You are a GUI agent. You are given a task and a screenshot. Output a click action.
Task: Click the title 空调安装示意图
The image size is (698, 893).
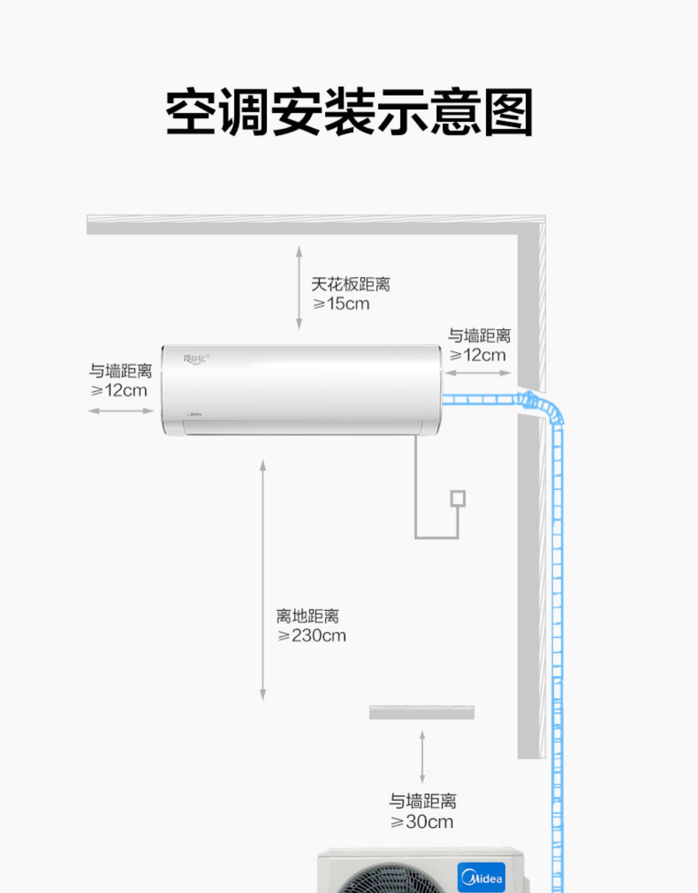tap(349, 113)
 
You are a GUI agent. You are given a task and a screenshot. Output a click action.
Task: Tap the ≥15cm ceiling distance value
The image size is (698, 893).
tap(342, 304)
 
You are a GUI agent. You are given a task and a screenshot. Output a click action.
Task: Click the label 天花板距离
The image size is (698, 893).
tap(350, 284)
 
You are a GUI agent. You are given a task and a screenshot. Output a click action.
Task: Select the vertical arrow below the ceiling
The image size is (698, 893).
tap(299, 288)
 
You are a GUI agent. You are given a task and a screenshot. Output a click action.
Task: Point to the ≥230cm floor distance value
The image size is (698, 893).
tap(312, 636)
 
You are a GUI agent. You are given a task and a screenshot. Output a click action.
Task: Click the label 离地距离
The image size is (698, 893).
tap(308, 616)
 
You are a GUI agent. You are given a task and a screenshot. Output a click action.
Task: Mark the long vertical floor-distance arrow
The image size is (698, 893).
tap(263, 580)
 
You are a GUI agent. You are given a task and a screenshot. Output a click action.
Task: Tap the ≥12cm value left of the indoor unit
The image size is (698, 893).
tap(119, 391)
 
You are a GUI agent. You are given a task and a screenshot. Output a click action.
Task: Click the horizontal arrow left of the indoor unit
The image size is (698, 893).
tap(121, 411)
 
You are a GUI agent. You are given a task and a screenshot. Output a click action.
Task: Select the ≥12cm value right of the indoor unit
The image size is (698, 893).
tap(478, 355)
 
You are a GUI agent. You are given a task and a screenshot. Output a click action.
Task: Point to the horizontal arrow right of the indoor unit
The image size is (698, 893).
tap(478, 373)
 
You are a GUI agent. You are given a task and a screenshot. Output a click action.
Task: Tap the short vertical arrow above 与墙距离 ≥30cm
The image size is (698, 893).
tap(422, 757)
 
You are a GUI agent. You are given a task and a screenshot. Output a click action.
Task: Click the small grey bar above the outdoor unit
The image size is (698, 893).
tap(422, 712)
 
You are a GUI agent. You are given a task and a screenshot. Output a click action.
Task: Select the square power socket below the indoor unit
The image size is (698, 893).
tap(458, 498)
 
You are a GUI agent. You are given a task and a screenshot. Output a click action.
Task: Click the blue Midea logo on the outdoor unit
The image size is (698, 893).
tap(482, 877)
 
